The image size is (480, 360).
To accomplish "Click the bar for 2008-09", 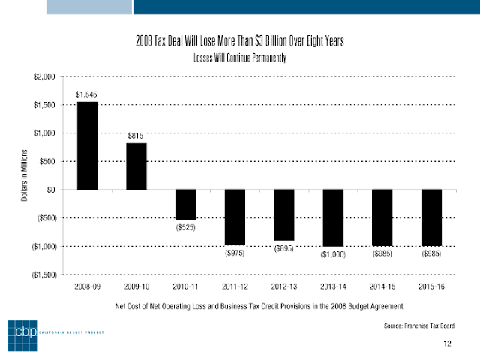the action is pos(87,145).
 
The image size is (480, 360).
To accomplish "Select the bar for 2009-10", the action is pos(136,166).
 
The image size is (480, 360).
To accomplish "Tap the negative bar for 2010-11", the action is pos(185,205).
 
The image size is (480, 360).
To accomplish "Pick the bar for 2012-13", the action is pos(284,215).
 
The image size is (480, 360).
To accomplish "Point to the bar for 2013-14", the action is pos(333,218).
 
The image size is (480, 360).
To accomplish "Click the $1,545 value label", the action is pos(86,94).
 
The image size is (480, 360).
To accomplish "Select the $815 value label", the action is pos(135,136).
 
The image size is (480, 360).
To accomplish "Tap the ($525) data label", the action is pos(185,227).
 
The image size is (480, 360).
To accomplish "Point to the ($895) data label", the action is pos(283,248).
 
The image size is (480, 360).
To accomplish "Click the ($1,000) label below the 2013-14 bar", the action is pos(333,254).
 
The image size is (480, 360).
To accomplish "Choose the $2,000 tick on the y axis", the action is pos(44,76).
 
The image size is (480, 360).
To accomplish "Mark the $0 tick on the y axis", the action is pos(51,190).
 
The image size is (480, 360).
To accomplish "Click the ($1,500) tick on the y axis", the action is pos(44,274).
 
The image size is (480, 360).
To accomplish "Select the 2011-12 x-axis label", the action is pos(235,286).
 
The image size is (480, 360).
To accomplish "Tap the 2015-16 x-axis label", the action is pos(431,286).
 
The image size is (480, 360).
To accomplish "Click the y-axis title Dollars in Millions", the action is pos(24,175).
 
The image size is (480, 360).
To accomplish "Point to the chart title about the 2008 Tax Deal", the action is pos(240,40).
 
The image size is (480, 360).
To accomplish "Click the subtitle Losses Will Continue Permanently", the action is pos(240,58).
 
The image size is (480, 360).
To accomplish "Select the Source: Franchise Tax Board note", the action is pos(419,325).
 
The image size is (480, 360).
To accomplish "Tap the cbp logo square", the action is pos(22,335).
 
